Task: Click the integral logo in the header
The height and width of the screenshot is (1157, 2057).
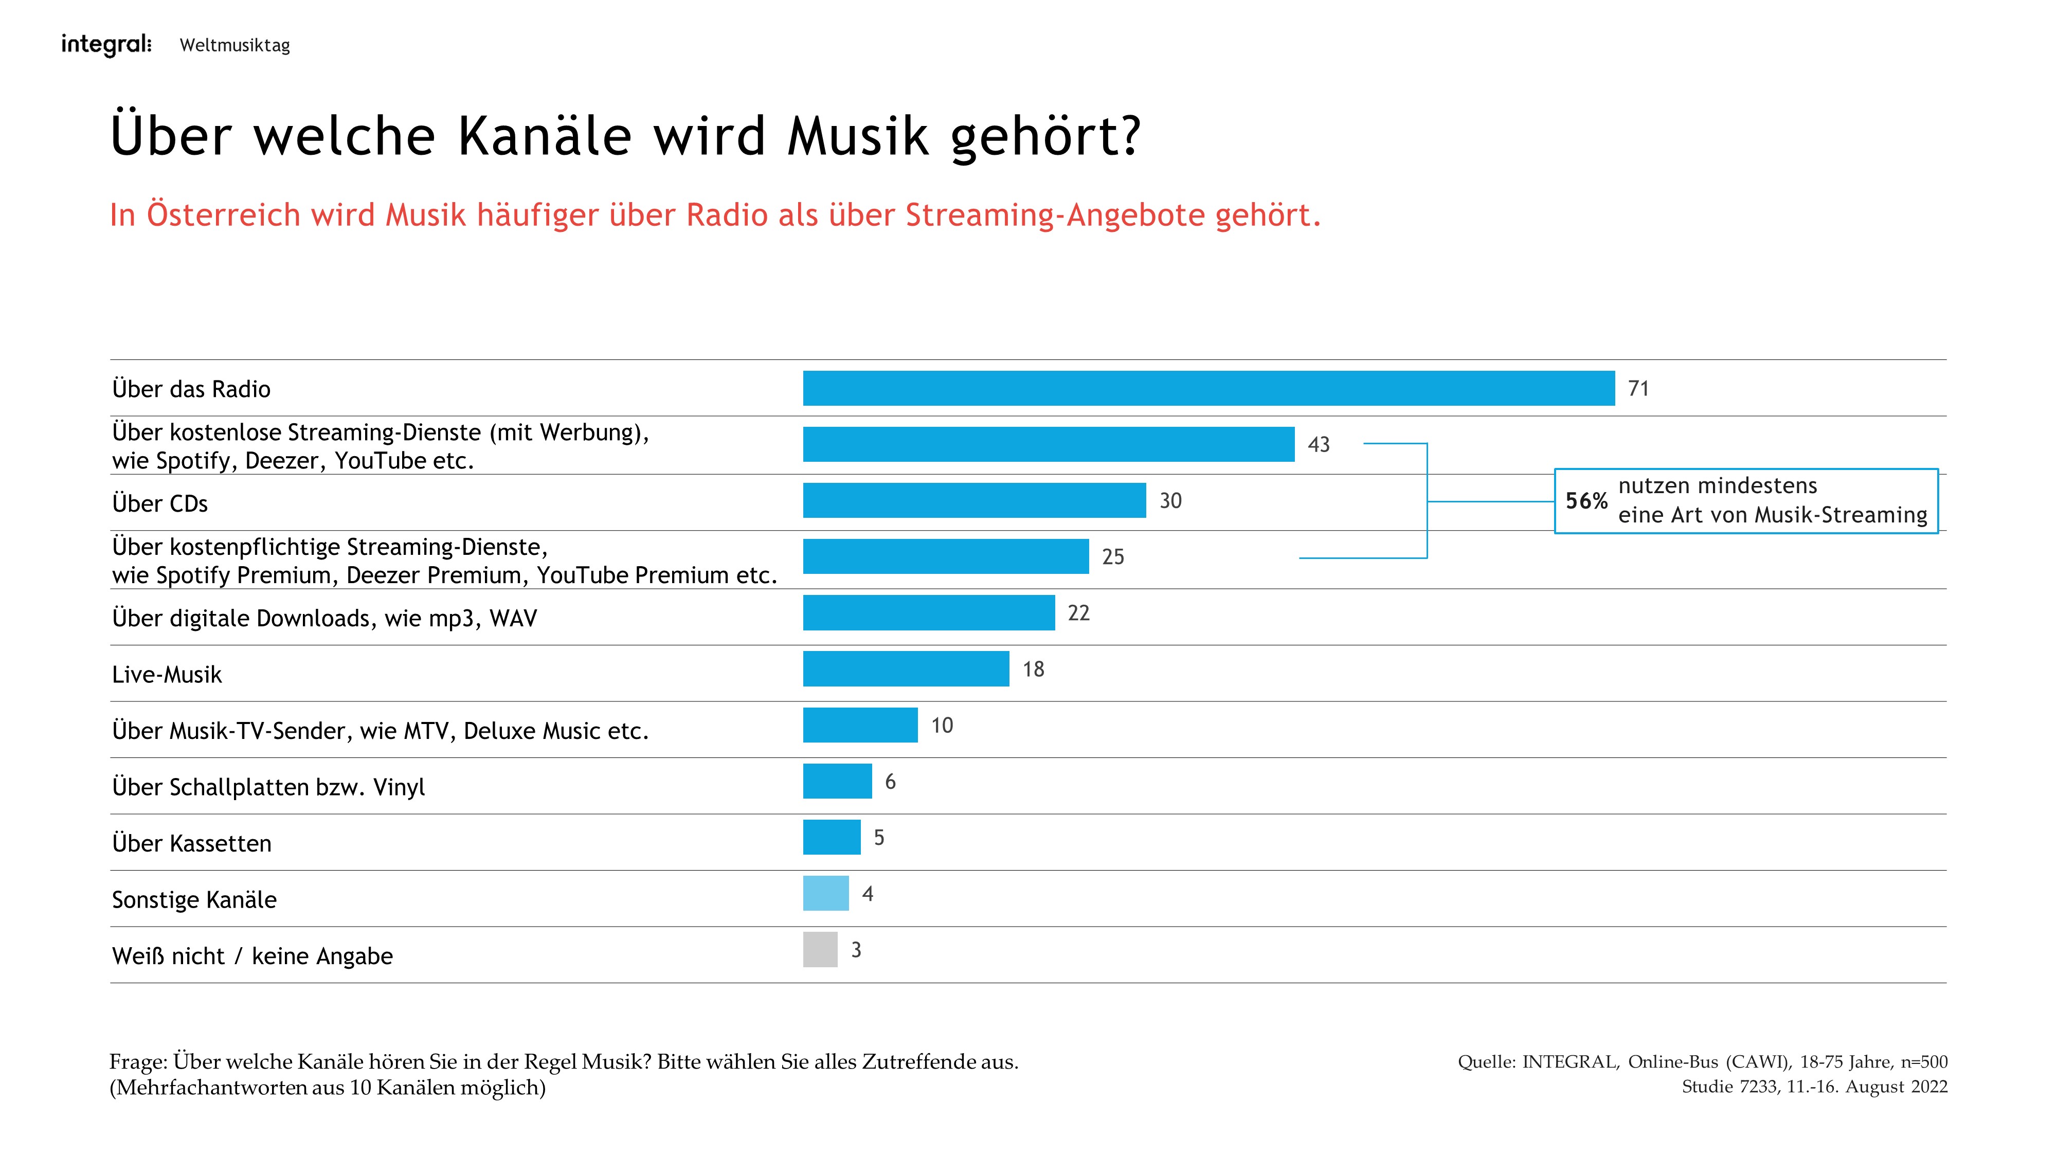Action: [105, 45]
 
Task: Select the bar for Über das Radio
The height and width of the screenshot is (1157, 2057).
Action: [1208, 388]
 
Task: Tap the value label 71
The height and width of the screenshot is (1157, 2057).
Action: [1638, 389]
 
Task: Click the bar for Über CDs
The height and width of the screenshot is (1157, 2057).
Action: [974, 501]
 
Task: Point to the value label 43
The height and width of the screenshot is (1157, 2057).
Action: [1319, 445]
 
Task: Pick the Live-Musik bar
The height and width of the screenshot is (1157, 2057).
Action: [906, 669]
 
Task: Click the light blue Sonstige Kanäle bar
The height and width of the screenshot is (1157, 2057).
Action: [826, 894]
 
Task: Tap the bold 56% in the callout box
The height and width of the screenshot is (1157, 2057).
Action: [1586, 501]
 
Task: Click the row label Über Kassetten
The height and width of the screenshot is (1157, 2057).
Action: [192, 844]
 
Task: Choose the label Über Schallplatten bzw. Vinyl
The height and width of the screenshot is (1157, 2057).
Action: [268, 787]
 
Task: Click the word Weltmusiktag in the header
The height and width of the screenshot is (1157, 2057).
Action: [235, 46]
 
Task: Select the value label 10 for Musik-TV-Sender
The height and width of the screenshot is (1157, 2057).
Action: [942, 726]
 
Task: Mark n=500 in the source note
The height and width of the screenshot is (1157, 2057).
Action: [1924, 1062]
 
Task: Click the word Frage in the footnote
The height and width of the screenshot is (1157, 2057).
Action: [137, 1062]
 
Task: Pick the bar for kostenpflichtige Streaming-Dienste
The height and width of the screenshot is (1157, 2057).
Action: [946, 556]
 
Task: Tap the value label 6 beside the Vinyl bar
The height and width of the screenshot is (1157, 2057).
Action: [890, 782]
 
